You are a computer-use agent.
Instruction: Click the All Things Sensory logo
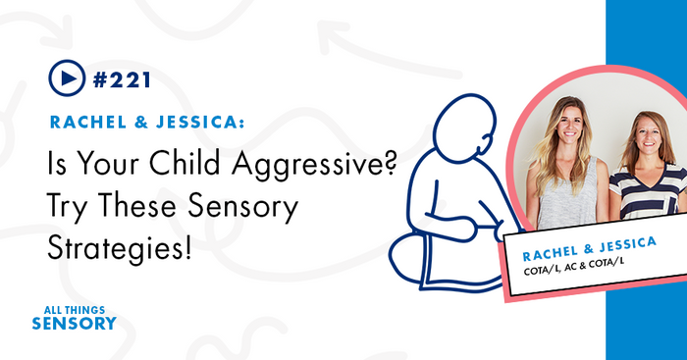[x=74, y=317]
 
